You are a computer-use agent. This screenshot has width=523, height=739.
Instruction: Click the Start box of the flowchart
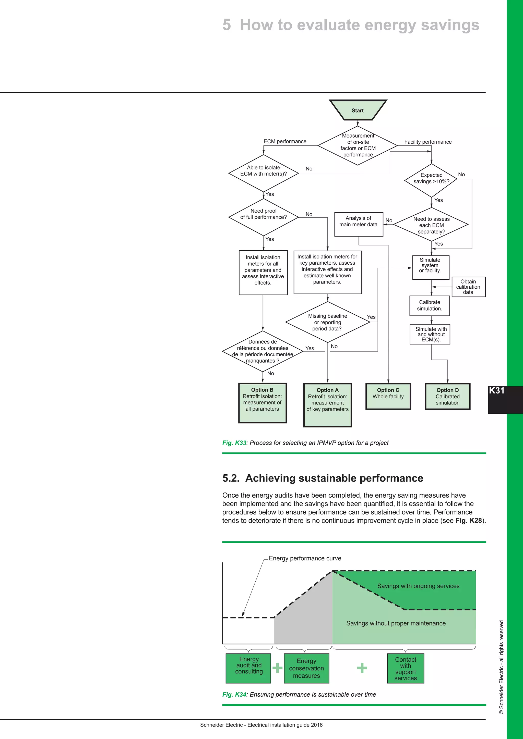click(358, 110)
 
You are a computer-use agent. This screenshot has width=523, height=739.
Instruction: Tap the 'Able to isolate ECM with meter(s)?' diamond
click(264, 173)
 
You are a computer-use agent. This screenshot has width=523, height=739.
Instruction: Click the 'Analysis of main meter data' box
click(359, 224)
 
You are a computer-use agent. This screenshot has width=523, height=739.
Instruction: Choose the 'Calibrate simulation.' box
click(430, 305)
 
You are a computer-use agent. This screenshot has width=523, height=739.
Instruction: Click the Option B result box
click(262, 403)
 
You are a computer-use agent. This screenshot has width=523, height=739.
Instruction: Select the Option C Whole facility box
click(388, 396)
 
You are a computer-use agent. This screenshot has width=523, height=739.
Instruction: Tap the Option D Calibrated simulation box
click(447, 396)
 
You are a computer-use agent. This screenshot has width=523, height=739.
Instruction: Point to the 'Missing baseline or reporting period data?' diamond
click(328, 322)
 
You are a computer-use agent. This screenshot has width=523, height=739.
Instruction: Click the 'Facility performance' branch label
click(428, 142)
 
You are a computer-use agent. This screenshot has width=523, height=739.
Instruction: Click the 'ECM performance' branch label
click(285, 141)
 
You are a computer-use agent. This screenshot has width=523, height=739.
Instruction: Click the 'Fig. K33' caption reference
click(234, 443)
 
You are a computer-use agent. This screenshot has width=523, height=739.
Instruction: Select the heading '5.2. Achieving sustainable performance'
click(323, 478)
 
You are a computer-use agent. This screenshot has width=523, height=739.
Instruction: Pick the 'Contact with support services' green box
click(406, 668)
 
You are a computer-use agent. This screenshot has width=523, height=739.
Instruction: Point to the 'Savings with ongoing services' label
click(418, 586)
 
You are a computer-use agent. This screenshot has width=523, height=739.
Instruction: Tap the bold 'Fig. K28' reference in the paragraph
click(468, 521)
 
